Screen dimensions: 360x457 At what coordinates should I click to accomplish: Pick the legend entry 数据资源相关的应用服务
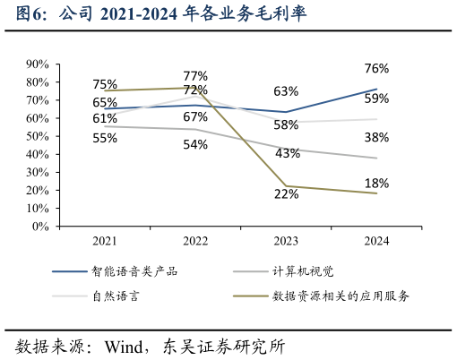click(341, 295)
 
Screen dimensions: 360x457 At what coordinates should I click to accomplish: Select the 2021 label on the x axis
click(105, 241)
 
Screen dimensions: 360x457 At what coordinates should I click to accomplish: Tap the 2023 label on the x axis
click(286, 241)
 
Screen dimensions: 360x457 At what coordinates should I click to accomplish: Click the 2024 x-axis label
click(376, 241)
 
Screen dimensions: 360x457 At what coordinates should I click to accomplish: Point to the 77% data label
click(195, 76)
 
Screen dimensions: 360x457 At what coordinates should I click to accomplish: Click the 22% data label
click(286, 193)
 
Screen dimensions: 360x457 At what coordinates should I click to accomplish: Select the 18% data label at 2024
click(376, 184)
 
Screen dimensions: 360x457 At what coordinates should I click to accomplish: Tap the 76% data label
click(376, 69)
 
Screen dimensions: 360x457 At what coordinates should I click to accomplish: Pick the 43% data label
click(288, 153)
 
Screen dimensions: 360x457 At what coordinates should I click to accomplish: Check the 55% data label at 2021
click(105, 138)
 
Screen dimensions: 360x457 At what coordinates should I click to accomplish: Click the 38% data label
click(376, 138)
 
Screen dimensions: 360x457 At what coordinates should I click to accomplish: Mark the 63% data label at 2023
click(286, 91)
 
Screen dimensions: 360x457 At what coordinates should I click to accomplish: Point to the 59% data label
click(376, 99)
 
